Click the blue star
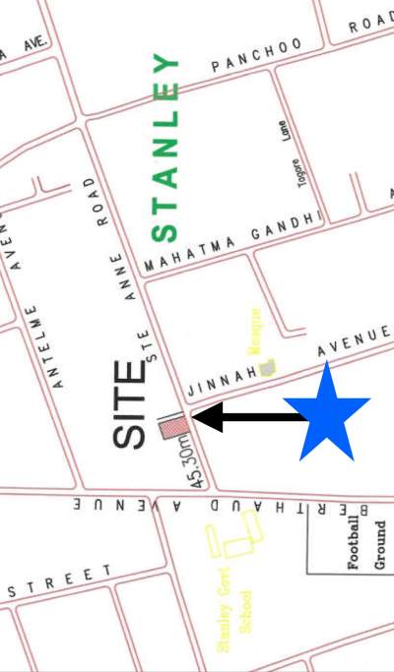(326, 415)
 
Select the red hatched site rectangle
(174, 426)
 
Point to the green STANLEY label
(165, 148)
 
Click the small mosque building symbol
(268, 367)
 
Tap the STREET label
(58, 581)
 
